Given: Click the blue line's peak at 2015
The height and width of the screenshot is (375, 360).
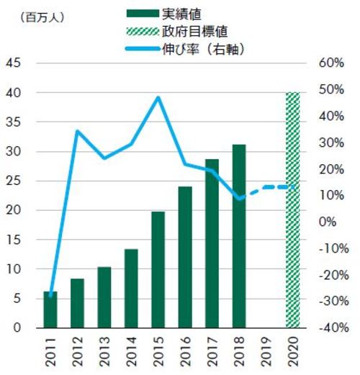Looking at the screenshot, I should (158, 97).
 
